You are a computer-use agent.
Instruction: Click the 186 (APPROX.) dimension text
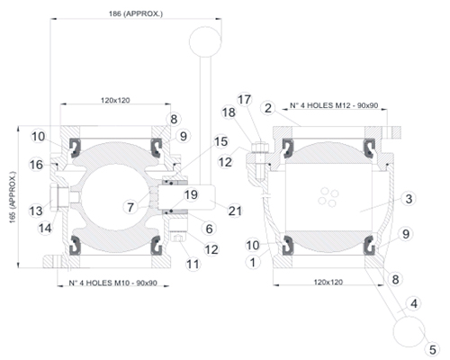pyautogui.click(x=136, y=13)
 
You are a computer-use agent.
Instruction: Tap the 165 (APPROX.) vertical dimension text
pyautogui.click(x=13, y=197)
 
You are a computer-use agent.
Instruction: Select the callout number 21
pyautogui.click(x=235, y=211)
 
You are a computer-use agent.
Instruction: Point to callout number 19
pyautogui.click(x=191, y=194)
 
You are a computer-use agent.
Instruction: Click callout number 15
pyautogui.click(x=221, y=141)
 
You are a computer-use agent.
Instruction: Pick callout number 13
pyautogui.click(x=36, y=211)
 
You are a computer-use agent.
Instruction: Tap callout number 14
pyautogui.click(x=45, y=229)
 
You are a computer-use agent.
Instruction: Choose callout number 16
pyautogui.click(x=36, y=165)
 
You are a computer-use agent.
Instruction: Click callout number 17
pyautogui.click(x=244, y=99)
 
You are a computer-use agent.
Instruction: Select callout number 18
pyautogui.click(x=229, y=112)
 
